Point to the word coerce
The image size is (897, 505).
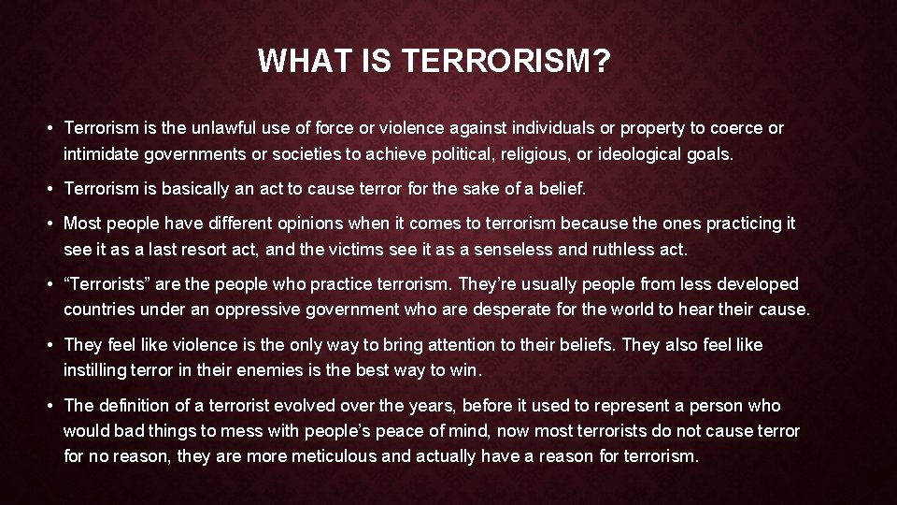pos(736,128)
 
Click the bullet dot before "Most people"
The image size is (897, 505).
pos(52,224)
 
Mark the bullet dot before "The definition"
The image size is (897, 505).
pos(52,406)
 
